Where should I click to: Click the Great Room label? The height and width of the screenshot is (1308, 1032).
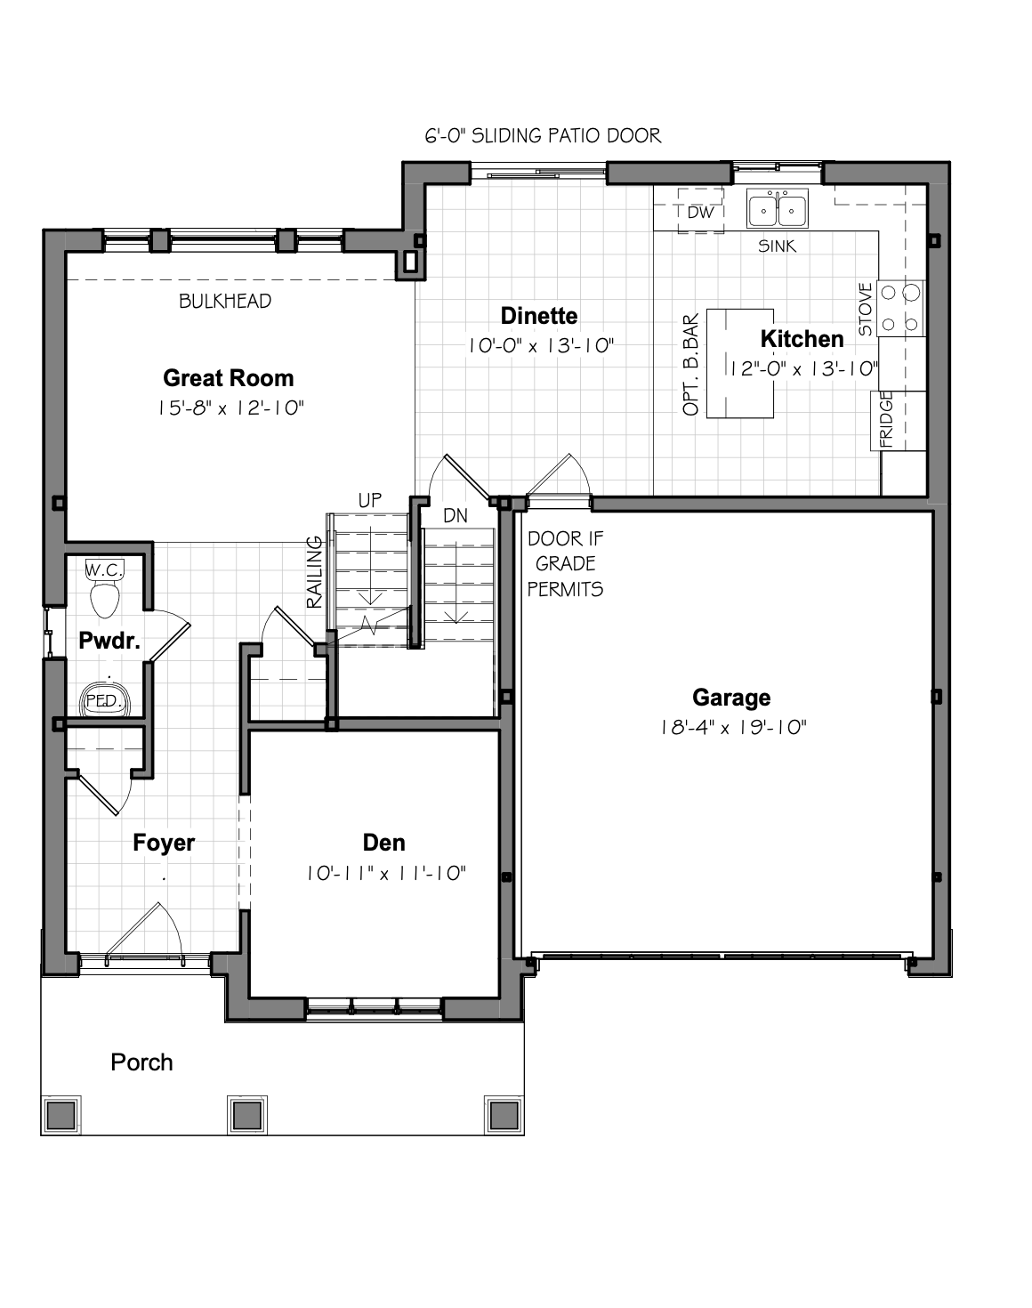point(228,378)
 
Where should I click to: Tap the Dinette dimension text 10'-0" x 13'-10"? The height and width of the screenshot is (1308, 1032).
point(540,346)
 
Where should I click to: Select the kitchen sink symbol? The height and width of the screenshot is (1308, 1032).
point(778,208)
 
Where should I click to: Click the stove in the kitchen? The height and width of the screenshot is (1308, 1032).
point(901,308)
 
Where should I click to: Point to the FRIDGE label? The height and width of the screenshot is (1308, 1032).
point(885,419)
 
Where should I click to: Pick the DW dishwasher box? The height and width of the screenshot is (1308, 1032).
point(701,211)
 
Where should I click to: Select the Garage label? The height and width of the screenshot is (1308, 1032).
point(731,698)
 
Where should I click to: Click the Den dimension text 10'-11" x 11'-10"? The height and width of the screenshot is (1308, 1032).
point(386,874)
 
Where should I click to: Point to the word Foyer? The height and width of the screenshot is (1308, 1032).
point(164,843)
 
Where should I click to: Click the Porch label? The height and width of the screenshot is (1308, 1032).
point(141,1062)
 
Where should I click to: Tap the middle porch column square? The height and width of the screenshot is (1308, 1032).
point(247,1115)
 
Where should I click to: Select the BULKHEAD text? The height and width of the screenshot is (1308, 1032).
point(225,302)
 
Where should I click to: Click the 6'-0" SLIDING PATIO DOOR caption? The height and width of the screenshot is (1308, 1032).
point(543,135)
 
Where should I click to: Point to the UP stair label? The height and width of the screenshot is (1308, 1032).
point(369,500)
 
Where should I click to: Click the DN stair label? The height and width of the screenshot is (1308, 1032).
point(456,516)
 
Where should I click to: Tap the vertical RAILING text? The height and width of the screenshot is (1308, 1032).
point(314,572)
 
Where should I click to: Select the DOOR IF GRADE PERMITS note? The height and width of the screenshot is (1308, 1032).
point(565,564)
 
